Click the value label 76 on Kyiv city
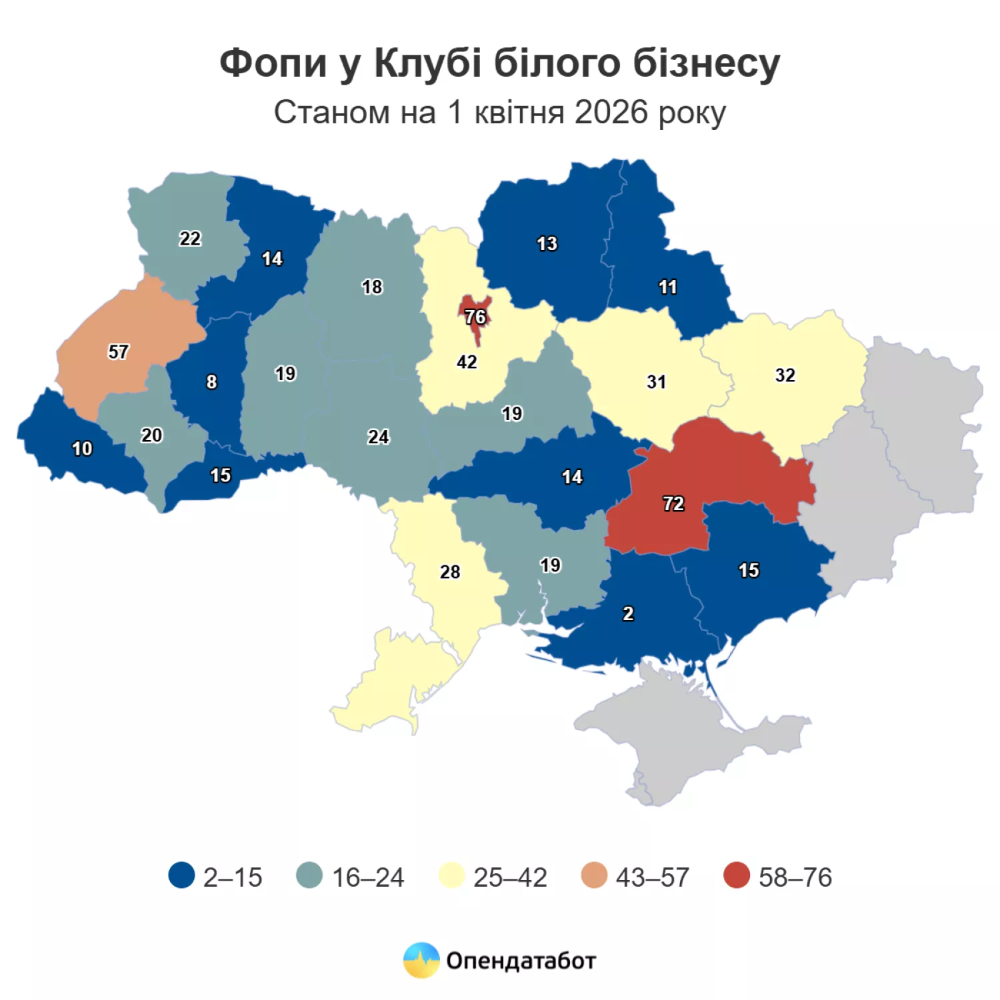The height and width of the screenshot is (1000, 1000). tap(475, 317)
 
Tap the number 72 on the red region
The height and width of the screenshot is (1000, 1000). tap(673, 503)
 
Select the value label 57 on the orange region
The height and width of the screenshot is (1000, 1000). tap(118, 352)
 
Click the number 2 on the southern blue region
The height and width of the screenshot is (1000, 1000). tap(628, 613)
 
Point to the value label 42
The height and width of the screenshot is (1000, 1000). tap(467, 362)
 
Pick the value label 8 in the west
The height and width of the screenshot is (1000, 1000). tap(211, 382)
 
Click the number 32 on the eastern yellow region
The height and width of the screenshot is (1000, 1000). tap(785, 375)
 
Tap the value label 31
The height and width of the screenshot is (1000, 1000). tap(656, 382)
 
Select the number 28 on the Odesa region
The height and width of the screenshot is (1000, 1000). tap(450, 572)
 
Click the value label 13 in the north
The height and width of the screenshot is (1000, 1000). tap(547, 244)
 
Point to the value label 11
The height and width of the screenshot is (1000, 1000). tap(667, 287)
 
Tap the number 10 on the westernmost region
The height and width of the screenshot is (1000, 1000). tap(82, 449)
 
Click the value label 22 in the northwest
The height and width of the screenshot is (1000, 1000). tap(189, 239)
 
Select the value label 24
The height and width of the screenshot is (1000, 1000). tap(378, 437)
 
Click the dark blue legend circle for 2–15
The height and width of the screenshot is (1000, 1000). tap(181, 876)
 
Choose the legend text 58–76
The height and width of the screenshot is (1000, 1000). tap(795, 877)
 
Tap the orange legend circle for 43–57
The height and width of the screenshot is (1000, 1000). tap(594, 876)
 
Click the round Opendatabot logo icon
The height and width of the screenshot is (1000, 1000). tap(421, 960)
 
